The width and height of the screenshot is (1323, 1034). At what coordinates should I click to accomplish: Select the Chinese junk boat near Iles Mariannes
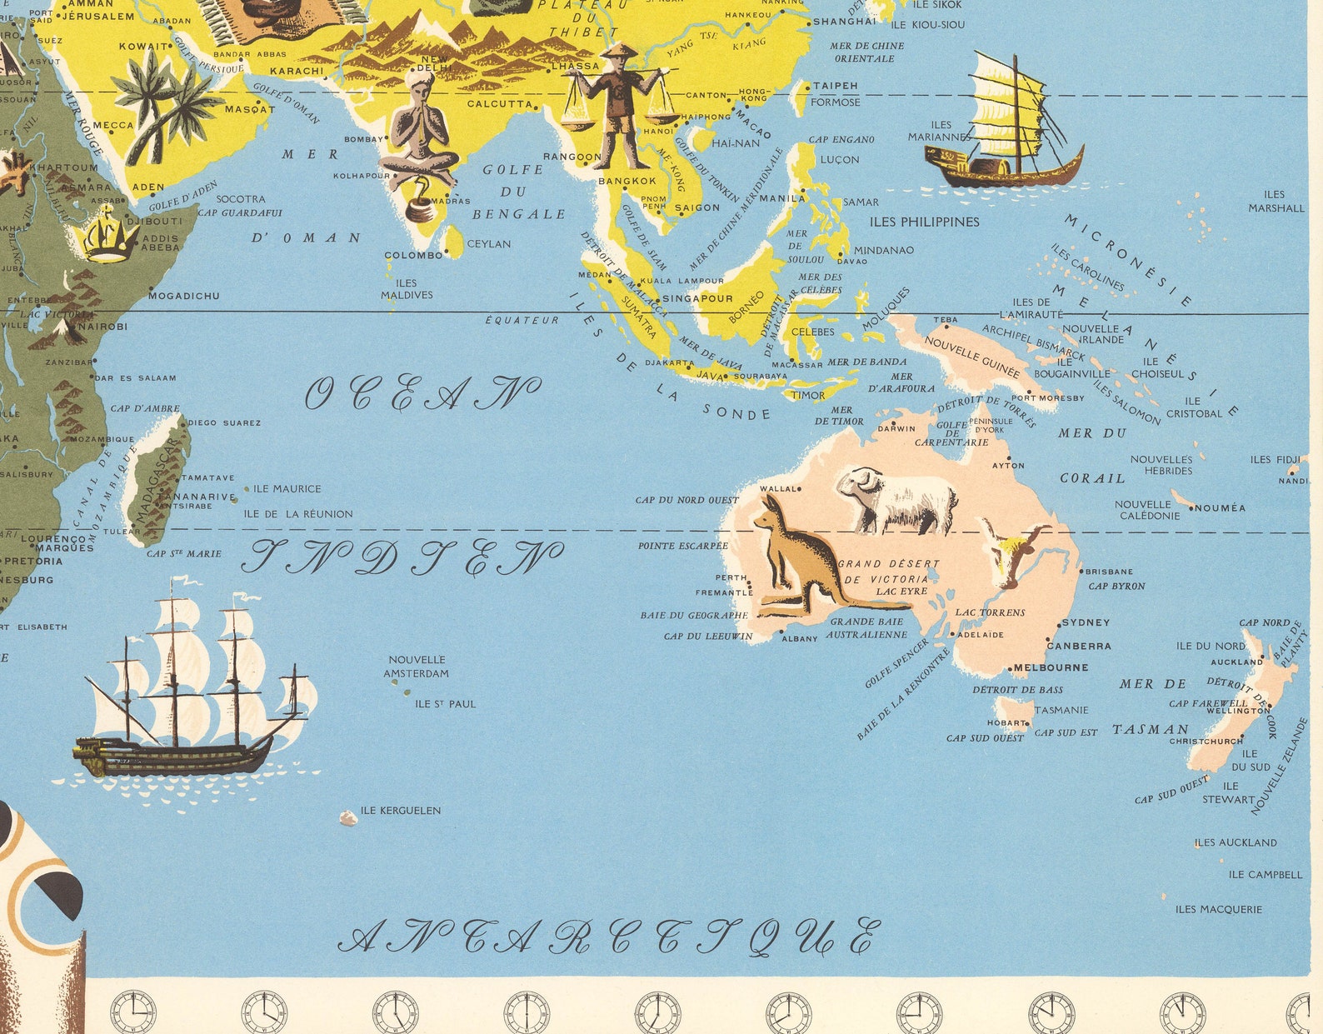(1006, 125)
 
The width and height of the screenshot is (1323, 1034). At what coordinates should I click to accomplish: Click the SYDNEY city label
(1086, 622)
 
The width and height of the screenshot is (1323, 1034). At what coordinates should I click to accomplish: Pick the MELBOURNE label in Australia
(1051, 667)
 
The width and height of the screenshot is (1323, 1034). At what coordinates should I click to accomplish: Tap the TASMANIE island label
(1061, 710)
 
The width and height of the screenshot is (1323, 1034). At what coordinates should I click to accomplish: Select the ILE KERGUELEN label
(401, 810)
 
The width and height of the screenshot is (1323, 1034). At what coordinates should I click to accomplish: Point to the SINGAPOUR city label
(698, 298)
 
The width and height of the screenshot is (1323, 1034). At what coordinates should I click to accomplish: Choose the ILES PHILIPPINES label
(924, 222)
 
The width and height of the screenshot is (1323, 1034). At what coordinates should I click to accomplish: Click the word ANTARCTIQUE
(608, 938)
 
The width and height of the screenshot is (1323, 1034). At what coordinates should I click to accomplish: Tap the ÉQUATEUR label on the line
(522, 320)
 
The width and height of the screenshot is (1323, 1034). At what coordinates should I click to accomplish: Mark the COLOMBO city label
(413, 255)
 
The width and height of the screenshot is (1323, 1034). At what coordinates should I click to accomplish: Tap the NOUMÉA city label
(1221, 507)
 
